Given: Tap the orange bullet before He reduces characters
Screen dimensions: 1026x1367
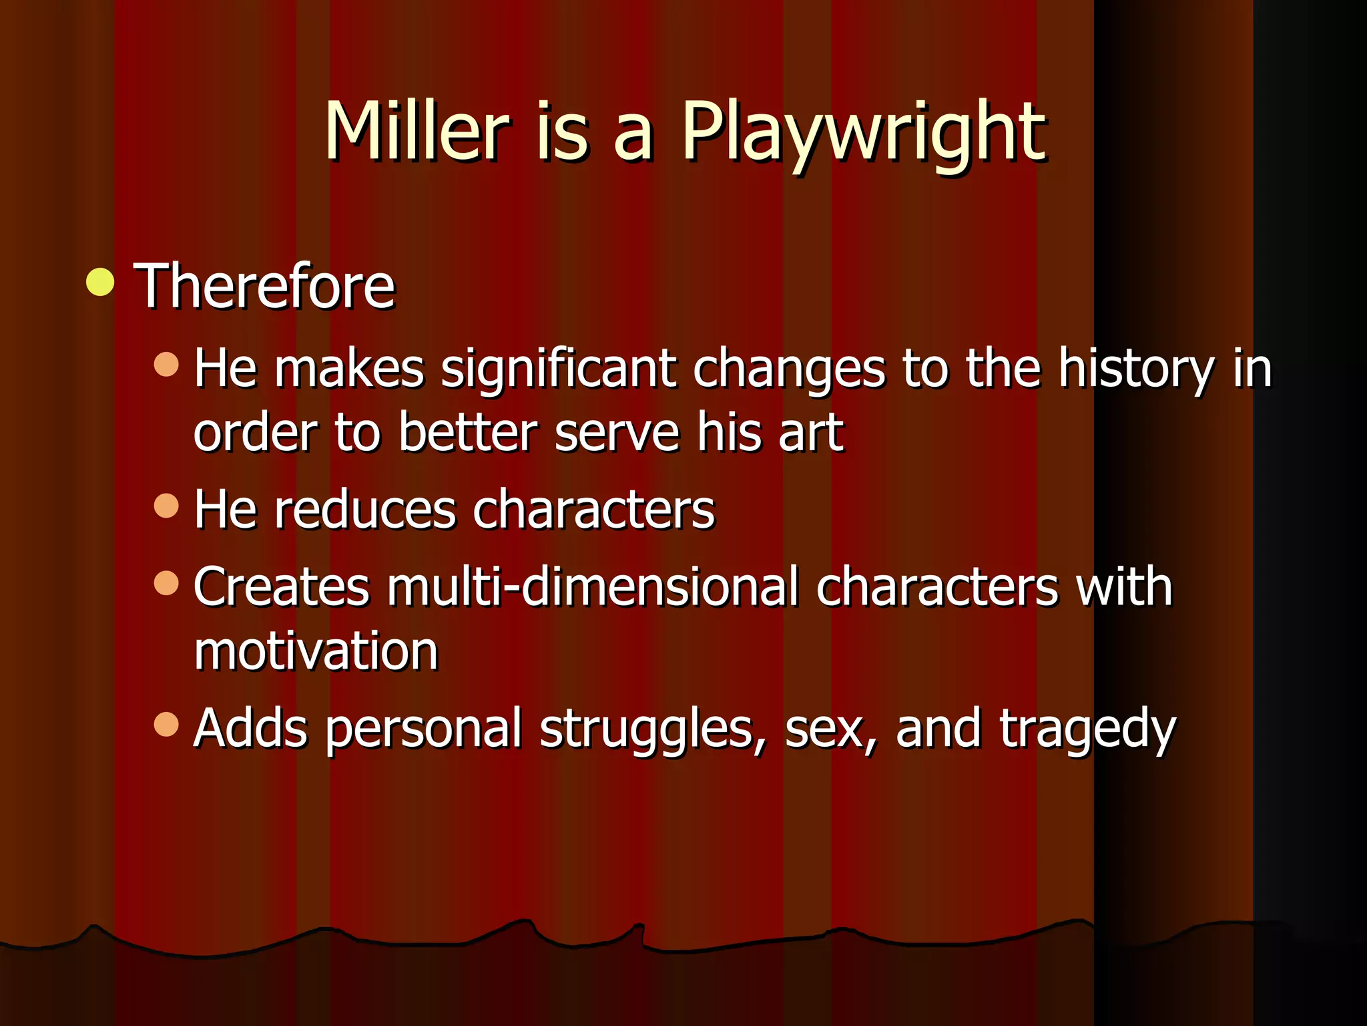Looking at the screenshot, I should click(x=166, y=506).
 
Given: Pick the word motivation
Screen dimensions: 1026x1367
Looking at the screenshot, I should click(x=316, y=651).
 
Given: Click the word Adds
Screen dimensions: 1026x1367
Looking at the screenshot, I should click(x=250, y=728).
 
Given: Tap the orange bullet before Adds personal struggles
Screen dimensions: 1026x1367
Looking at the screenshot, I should click(x=166, y=723).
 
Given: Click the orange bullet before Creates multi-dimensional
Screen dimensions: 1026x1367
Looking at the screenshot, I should click(x=166, y=582).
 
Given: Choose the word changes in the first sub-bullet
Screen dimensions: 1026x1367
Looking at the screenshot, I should click(x=790, y=369).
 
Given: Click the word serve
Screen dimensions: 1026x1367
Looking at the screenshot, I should click(x=616, y=433).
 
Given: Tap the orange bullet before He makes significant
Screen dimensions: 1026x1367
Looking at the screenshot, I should click(x=166, y=364).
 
